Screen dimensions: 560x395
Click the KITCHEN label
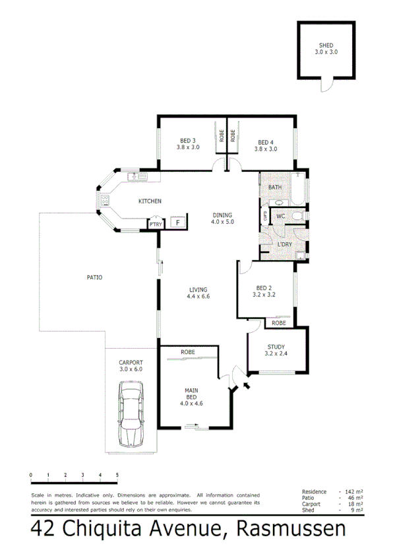tap(150, 201)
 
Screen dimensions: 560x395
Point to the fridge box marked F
tap(177, 223)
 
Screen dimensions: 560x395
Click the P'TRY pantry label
tap(155, 225)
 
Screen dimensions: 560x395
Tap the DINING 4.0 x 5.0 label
tap(223, 219)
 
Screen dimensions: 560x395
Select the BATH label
tap(275, 188)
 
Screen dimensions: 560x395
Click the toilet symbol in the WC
tap(296, 216)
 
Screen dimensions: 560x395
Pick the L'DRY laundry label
tap(285, 244)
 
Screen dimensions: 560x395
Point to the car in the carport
tap(131, 416)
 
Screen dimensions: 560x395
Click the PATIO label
tap(94, 277)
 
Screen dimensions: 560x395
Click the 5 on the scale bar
tap(117, 475)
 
